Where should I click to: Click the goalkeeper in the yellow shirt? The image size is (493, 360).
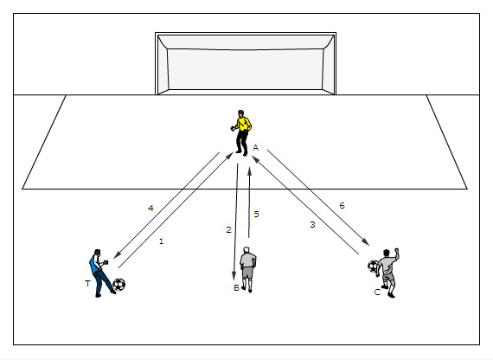pyautogui.click(x=241, y=132)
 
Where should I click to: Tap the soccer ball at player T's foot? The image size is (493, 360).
pyautogui.click(x=118, y=285)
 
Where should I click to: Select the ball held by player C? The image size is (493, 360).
pyautogui.click(x=373, y=267)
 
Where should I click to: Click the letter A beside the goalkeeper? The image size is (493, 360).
pyautogui.click(x=255, y=148)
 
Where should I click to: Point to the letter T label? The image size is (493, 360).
pyautogui.click(x=87, y=283)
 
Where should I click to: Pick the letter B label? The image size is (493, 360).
pyautogui.click(x=236, y=287)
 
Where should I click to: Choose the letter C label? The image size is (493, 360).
pyautogui.click(x=377, y=292)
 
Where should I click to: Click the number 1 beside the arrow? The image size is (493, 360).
pyautogui.click(x=161, y=241)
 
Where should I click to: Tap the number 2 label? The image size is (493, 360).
pyautogui.click(x=228, y=229)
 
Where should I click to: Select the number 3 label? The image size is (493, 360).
pyautogui.click(x=312, y=224)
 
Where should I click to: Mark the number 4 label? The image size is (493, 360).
pyautogui.click(x=150, y=208)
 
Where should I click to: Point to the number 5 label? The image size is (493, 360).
pyautogui.click(x=257, y=214)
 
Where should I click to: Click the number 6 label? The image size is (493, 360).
pyautogui.click(x=343, y=205)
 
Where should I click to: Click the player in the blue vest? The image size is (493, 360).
pyautogui.click(x=99, y=273)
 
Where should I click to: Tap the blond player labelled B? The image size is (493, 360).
pyautogui.click(x=248, y=269)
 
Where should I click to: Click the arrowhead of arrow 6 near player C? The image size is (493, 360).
pyautogui.click(x=366, y=242)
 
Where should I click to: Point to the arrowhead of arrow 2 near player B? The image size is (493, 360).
pyautogui.click(x=234, y=276)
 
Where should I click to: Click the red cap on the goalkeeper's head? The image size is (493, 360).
pyautogui.click(x=240, y=112)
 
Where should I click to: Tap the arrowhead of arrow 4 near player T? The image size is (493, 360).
pyautogui.click(x=117, y=255)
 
